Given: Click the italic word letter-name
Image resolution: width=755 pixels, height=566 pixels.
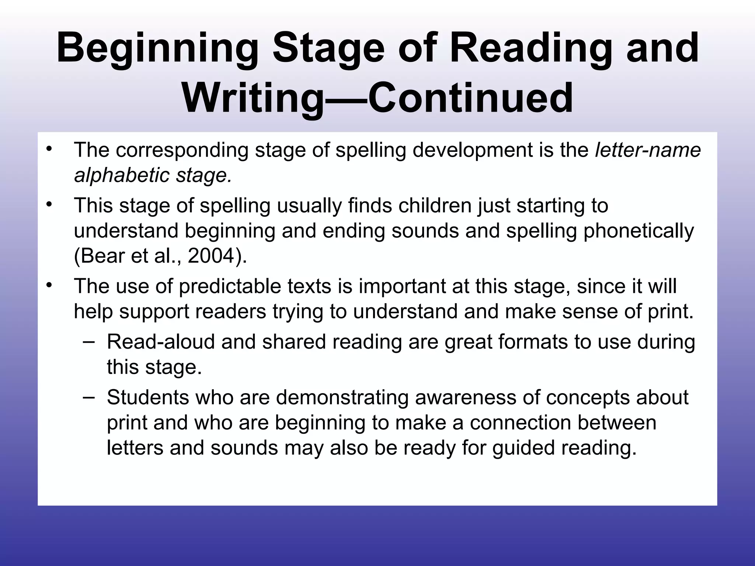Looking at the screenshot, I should (648, 150).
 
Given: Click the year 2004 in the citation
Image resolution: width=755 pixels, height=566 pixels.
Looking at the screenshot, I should (211, 255).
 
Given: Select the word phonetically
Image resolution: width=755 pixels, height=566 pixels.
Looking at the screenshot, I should (639, 231).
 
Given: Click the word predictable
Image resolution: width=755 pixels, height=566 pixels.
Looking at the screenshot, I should (230, 286).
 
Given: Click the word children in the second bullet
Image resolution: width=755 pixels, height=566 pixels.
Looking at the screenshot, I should (435, 206).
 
